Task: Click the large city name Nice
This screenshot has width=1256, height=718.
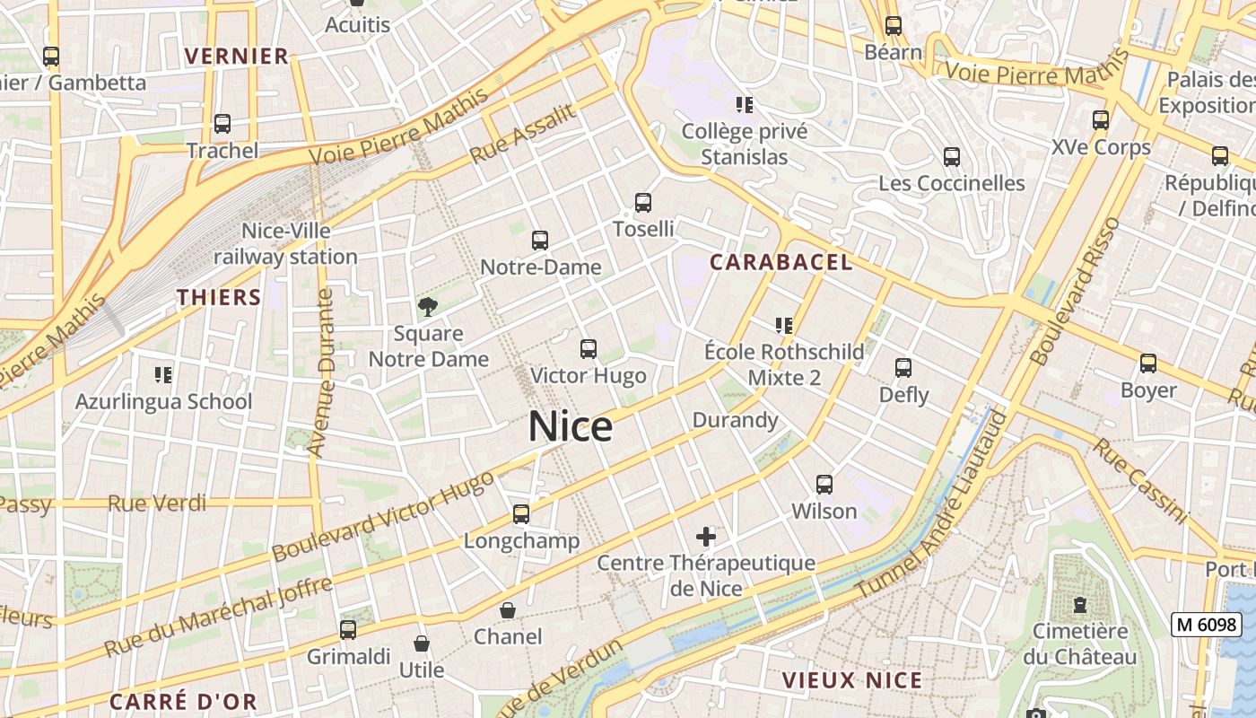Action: (x=571, y=426)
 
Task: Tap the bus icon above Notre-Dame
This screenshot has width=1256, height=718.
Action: (x=539, y=241)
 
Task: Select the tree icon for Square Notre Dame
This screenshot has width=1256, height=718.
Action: (x=428, y=307)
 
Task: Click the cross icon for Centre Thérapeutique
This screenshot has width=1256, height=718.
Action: (x=706, y=538)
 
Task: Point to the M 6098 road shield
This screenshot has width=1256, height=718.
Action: (x=1206, y=625)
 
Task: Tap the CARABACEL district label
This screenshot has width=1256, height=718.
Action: (x=781, y=262)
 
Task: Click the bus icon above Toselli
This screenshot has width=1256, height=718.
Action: (x=643, y=203)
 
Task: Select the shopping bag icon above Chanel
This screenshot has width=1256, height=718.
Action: (x=508, y=611)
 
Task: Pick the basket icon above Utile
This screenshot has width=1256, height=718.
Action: (x=421, y=644)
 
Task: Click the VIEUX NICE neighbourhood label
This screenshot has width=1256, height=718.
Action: (x=851, y=680)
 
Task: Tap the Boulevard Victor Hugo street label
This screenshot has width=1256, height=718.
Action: (x=383, y=516)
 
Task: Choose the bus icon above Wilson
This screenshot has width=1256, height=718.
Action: (x=824, y=485)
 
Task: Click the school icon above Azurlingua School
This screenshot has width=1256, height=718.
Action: (x=162, y=374)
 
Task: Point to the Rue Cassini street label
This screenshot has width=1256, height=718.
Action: (x=1140, y=480)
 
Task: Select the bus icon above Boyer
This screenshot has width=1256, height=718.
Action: (x=1147, y=363)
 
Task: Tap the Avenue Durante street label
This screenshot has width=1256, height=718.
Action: (x=320, y=372)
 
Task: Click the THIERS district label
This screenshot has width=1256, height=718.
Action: (x=219, y=297)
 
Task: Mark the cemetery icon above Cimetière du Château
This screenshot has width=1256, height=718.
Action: (x=1079, y=605)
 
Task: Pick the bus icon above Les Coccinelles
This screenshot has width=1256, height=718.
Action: (x=952, y=157)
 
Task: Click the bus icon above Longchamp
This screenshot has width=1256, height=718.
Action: (x=521, y=514)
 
